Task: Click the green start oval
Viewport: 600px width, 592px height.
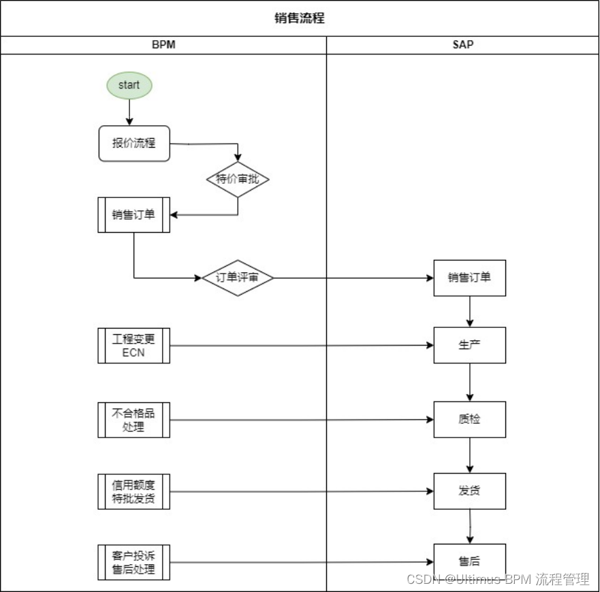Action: (129, 86)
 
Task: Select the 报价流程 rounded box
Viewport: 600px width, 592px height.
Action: (133, 144)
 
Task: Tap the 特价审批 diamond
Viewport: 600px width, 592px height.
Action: (238, 180)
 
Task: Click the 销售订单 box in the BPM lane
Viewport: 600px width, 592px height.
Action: (133, 215)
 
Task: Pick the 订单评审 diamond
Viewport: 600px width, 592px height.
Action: (238, 278)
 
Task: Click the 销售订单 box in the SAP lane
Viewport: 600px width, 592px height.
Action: (469, 278)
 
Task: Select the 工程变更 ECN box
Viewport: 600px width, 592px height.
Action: (133, 346)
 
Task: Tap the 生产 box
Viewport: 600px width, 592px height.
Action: (469, 345)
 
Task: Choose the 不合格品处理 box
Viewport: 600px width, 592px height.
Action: (133, 420)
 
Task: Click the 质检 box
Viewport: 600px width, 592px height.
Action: (469, 419)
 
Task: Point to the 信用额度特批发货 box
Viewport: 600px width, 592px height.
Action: (133, 491)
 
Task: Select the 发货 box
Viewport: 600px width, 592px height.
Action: (469, 491)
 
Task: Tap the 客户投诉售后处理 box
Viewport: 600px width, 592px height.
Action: (133, 563)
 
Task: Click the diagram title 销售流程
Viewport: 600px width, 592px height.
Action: (300, 18)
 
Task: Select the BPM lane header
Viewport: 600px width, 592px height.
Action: (163, 45)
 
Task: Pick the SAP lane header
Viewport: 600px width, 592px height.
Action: (462, 45)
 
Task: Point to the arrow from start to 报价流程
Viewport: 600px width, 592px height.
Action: (129, 112)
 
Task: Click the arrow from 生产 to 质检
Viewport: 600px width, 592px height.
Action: (469, 382)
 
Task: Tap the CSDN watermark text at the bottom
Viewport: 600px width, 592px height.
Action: (497, 579)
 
